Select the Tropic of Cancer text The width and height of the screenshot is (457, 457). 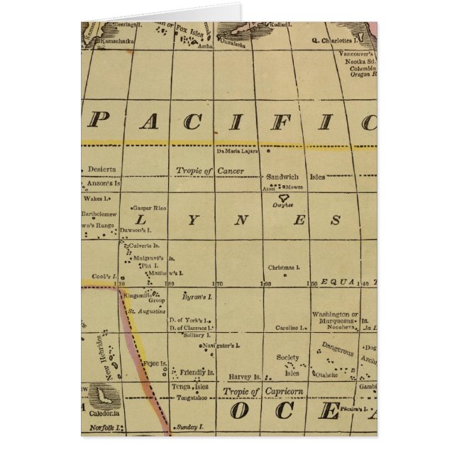(x=200, y=171)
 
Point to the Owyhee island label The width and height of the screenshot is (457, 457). (x=282, y=204)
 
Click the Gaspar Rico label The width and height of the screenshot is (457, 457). (x=149, y=208)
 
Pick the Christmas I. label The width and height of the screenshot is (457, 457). (x=285, y=268)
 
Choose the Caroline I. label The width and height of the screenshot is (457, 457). (x=291, y=328)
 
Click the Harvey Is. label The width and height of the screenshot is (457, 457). (x=245, y=377)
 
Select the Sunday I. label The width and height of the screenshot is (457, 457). (x=189, y=427)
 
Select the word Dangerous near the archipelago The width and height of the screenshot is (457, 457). (x=337, y=348)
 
